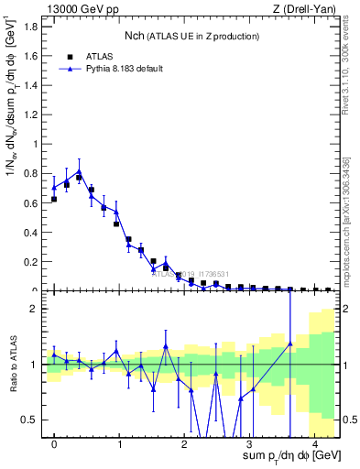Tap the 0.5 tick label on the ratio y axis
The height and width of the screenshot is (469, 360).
[34, 420]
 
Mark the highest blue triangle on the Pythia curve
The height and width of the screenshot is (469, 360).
[79, 171]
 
